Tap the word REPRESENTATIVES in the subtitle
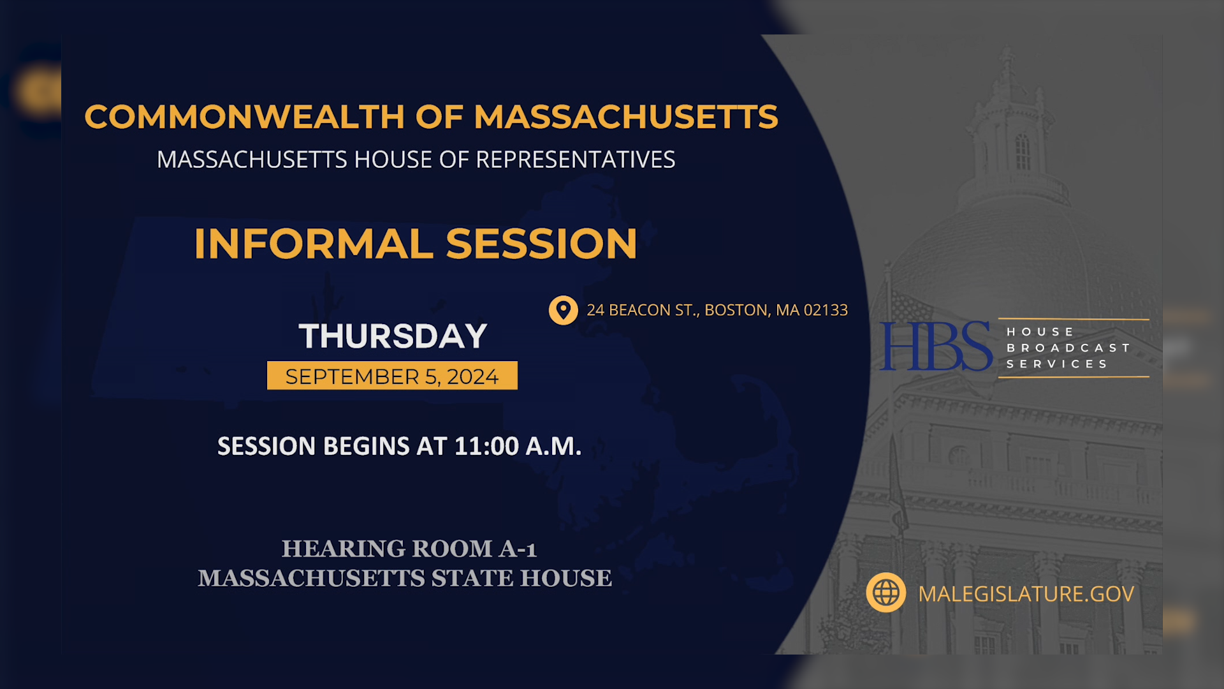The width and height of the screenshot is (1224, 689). pos(575,159)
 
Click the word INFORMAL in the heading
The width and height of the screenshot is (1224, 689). pos(313,244)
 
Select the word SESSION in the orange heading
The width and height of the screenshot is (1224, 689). pos(541,244)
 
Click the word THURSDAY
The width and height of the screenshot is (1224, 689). pos(393,336)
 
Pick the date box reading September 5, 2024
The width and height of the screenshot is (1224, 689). pos(391,376)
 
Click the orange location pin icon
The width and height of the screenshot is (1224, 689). pos(563,310)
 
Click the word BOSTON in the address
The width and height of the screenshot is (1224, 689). pos(736,310)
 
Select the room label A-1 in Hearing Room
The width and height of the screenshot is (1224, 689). pos(518,549)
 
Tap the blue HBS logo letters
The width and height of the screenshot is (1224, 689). pos(935,346)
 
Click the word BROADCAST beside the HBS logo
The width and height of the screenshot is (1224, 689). pos(1068,348)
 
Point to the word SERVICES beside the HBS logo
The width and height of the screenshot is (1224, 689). pos(1057,364)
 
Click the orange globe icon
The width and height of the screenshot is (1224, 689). pos(885,593)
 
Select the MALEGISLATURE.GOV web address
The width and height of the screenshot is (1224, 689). pos(1026,594)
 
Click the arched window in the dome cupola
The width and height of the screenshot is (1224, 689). pos(1022,151)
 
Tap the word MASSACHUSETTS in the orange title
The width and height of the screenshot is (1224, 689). pos(625,117)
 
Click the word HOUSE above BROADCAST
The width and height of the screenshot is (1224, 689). pos(1040,332)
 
